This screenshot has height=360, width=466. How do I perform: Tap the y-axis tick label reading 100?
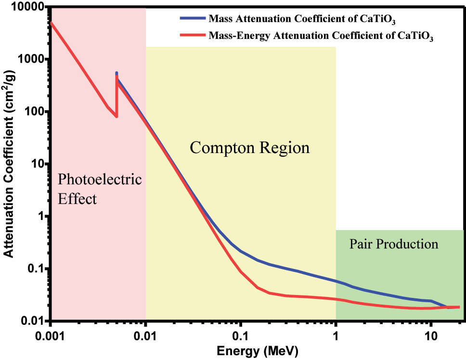click(34, 112)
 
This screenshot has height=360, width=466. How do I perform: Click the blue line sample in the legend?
click(193, 19)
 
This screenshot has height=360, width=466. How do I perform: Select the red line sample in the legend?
click(193, 35)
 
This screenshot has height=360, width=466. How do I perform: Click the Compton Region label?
click(249, 147)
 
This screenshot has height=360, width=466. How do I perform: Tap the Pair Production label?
click(394, 244)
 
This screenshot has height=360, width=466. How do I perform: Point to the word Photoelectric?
click(100, 180)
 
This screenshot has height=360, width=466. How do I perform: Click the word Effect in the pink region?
click(77, 198)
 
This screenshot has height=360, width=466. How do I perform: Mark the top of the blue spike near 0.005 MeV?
click(116, 73)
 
